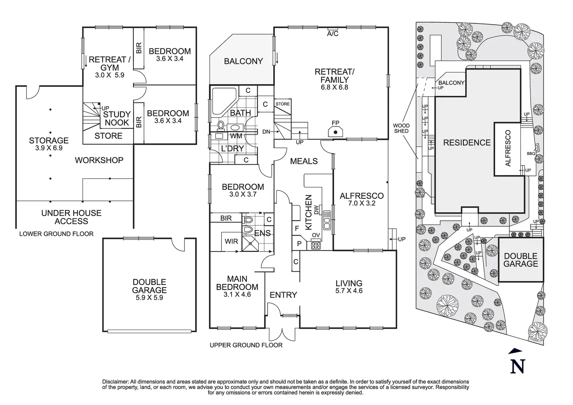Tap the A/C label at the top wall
click(x=332, y=33)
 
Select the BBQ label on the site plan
click(x=531, y=154)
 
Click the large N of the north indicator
click(x=518, y=366)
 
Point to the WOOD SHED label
click(x=401, y=128)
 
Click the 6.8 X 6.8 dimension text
click(x=334, y=87)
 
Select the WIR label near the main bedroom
click(x=231, y=241)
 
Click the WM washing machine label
click(x=236, y=136)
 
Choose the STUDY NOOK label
click(x=117, y=118)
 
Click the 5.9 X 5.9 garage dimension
click(x=149, y=298)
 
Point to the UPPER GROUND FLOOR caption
click(x=246, y=345)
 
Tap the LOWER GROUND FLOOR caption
click(x=56, y=234)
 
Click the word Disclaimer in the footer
click(x=115, y=382)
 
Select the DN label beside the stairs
click(x=266, y=132)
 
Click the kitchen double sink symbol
click(x=327, y=220)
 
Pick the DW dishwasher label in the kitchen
click(x=316, y=210)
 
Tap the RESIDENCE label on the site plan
click(x=467, y=143)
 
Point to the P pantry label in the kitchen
click(x=299, y=243)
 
